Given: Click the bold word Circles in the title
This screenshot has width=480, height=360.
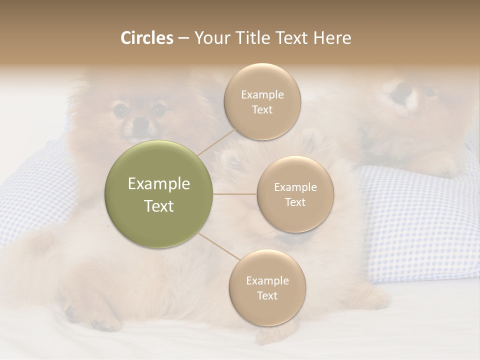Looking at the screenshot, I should [147, 38].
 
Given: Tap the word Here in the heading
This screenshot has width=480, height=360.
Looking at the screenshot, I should [332, 38].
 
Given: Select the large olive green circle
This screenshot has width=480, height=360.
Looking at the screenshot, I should [159, 194].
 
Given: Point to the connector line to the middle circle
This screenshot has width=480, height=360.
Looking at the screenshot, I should [235, 194].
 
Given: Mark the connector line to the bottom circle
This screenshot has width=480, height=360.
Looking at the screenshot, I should [219, 247].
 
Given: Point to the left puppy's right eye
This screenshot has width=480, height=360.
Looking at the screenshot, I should [158, 109].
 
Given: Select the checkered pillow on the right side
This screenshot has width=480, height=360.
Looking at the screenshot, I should [420, 220].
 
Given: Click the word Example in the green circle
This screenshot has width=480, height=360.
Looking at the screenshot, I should [159, 184].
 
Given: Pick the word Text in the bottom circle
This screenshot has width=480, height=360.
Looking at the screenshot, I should [267, 295].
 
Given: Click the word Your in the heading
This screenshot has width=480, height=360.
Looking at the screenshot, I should [210, 38].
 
